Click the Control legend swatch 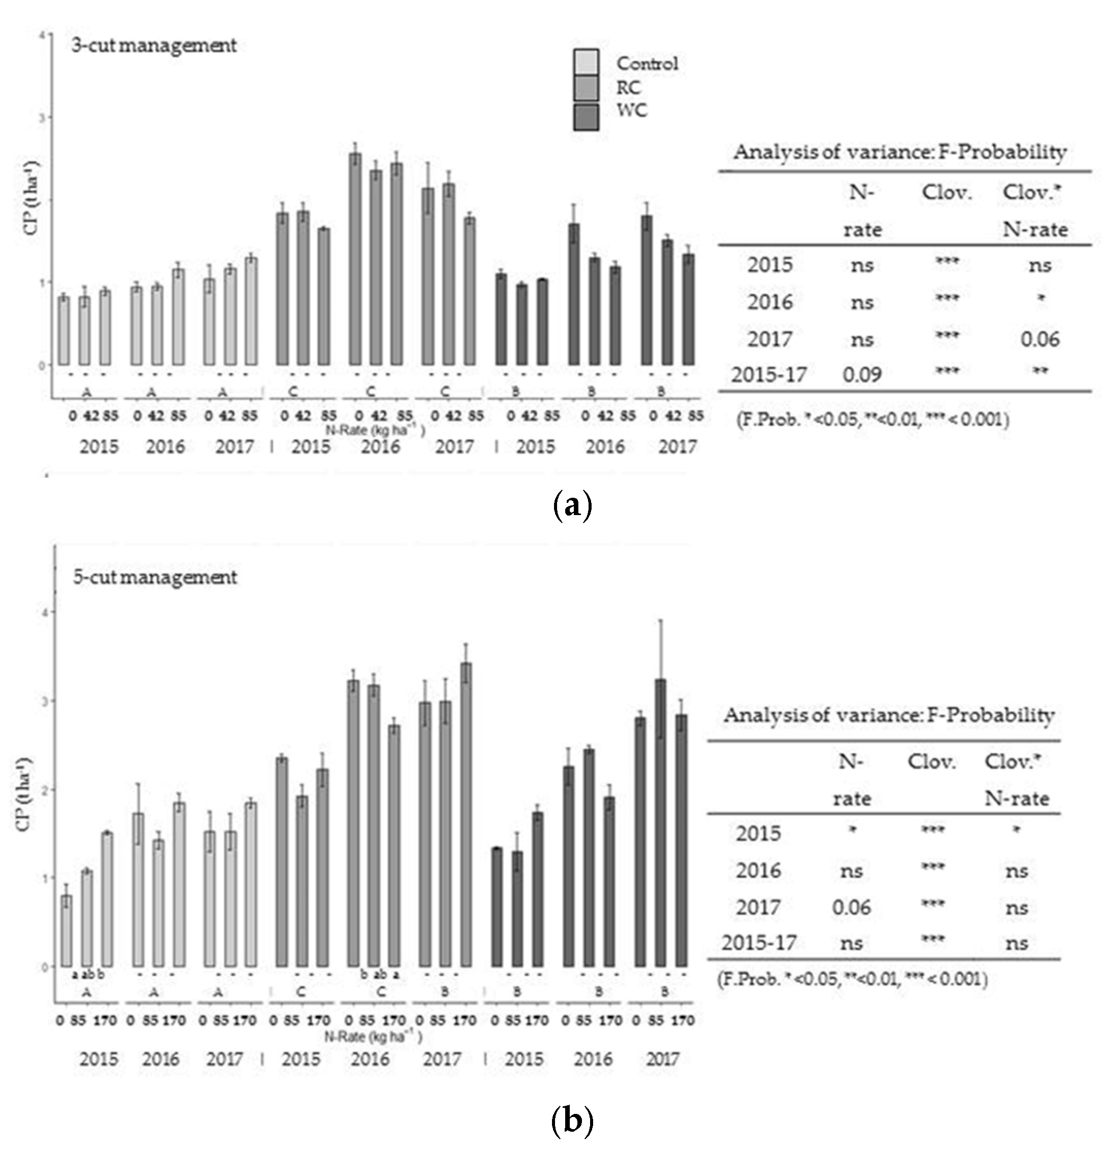click(x=586, y=61)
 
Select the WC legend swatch click(x=586, y=117)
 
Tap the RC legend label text click(x=628, y=88)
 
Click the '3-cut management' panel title click(x=154, y=46)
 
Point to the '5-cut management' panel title click(x=155, y=577)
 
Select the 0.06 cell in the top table click(x=1039, y=339)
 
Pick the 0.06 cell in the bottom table click(x=851, y=908)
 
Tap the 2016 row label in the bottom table click(x=759, y=870)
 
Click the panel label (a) click(x=572, y=505)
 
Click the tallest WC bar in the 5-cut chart click(x=661, y=822)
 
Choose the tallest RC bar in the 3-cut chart click(x=355, y=259)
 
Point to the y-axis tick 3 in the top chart click(x=42, y=117)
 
